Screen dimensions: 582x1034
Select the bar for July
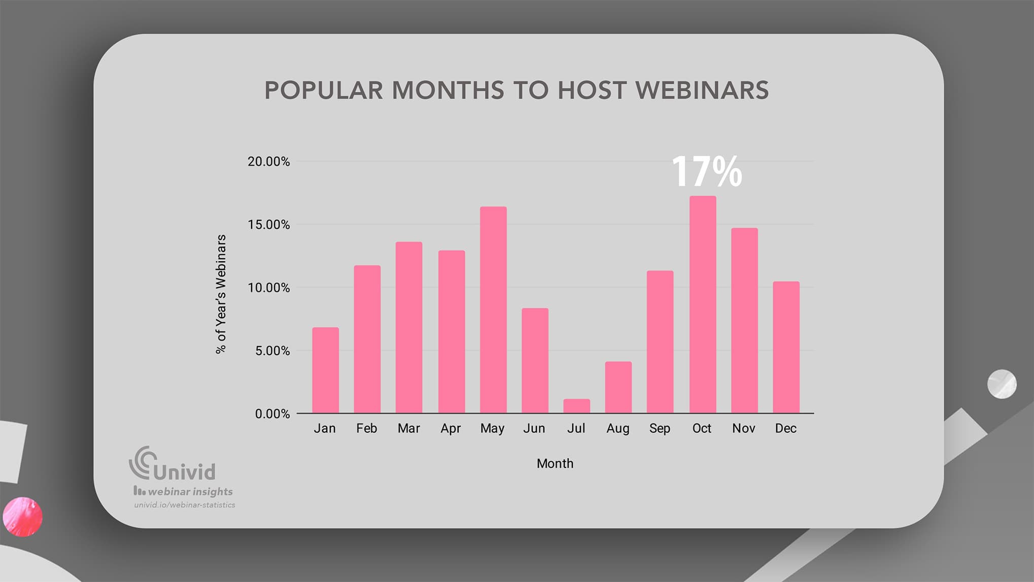click(x=576, y=406)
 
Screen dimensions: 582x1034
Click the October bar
click(x=702, y=304)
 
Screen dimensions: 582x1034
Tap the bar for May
click(x=493, y=310)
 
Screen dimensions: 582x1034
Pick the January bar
click(x=325, y=370)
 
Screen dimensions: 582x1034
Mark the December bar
click(x=785, y=347)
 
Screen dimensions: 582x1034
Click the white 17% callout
click(x=706, y=172)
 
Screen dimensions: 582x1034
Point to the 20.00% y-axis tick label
click(x=268, y=162)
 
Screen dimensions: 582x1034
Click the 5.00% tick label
click(x=272, y=351)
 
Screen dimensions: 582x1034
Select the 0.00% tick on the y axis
click(x=272, y=414)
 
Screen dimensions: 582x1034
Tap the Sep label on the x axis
click(x=660, y=429)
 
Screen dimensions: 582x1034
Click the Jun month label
click(x=534, y=429)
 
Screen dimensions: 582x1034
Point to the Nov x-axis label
click(x=743, y=429)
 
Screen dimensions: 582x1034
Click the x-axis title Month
click(x=555, y=464)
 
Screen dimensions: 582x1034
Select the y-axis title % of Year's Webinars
click(x=221, y=294)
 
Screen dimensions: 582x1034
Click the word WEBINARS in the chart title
click(x=702, y=90)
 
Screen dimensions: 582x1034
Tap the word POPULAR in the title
click(x=323, y=90)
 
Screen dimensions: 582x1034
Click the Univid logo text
click(x=184, y=472)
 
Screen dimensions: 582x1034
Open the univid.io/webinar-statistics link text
click(x=185, y=505)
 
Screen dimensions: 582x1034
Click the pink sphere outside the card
click(x=22, y=517)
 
